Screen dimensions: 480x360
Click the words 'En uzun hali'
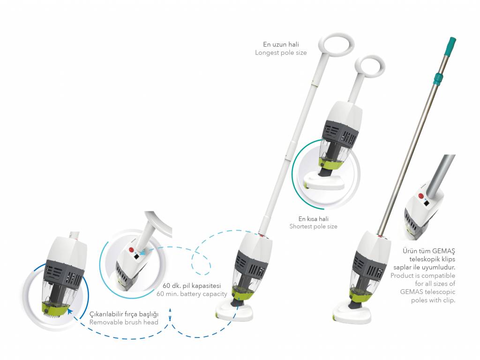281,45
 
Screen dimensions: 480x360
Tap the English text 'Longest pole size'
281,52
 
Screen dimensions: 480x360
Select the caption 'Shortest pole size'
313,226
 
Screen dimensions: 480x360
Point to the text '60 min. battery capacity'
192,294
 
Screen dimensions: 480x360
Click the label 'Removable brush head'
124,322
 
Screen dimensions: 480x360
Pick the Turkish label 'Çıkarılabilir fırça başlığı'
124,314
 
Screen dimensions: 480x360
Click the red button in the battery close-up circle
132,249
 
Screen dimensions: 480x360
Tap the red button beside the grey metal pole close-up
420,196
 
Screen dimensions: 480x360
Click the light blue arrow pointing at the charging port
143,252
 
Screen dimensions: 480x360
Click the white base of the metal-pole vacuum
352,314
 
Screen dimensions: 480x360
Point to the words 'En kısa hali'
314,218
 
